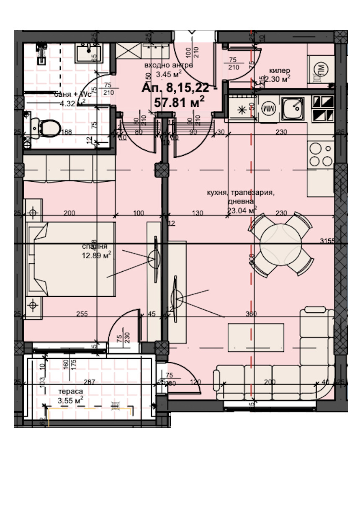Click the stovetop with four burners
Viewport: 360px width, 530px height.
pyautogui.click(x=321, y=154)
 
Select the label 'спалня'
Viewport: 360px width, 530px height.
pyautogui.click(x=95, y=247)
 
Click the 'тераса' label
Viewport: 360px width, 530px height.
pyautogui.click(x=70, y=391)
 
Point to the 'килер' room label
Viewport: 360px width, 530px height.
pyautogui.click(x=280, y=70)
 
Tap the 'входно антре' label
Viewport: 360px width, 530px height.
pyautogui.click(x=168, y=65)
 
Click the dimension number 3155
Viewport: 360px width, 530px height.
pyautogui.click(x=327, y=241)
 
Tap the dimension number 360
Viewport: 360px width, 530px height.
pyautogui.click(x=251, y=314)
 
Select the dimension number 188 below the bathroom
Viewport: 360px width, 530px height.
pyautogui.click(x=67, y=132)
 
